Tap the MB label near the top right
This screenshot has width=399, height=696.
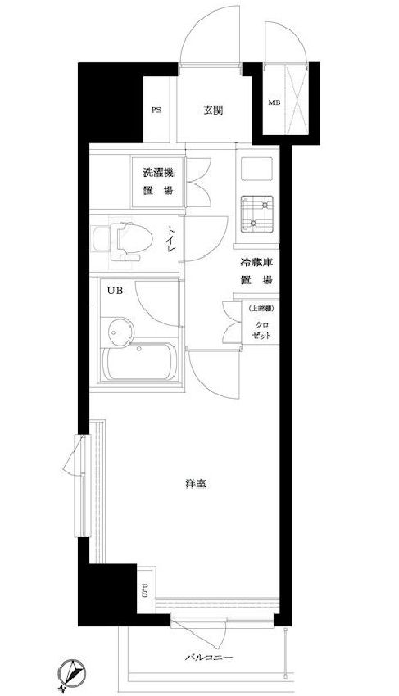click(272, 102)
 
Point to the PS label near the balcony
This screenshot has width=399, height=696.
click(144, 590)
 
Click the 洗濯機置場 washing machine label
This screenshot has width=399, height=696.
click(157, 181)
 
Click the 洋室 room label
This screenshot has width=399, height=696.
click(195, 484)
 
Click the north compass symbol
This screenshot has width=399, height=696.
click(72, 673)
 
